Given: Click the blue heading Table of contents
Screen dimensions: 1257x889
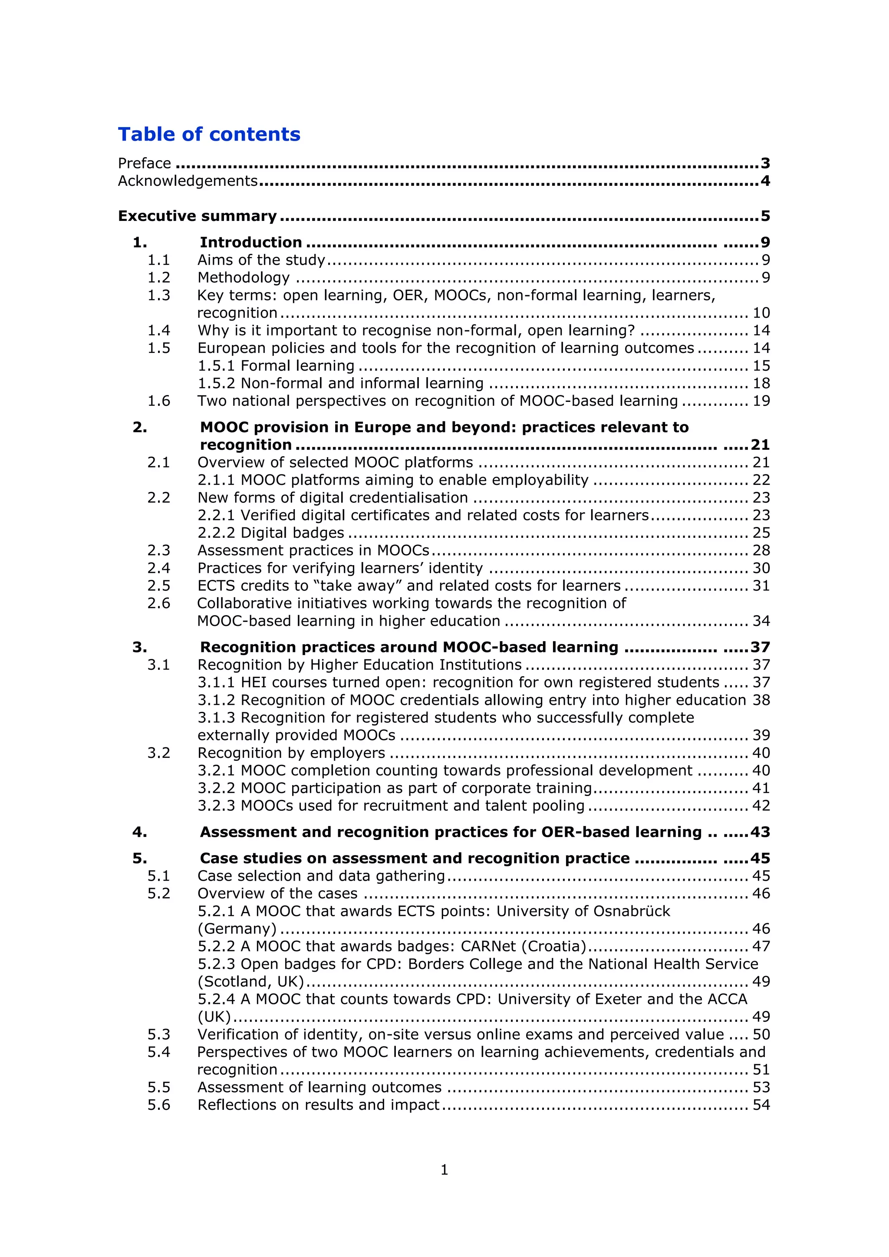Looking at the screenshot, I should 209,135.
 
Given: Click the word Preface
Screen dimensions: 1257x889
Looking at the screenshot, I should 145,163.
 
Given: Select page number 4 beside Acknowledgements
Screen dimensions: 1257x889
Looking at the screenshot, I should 765,181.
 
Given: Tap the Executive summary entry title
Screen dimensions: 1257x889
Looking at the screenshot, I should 198,216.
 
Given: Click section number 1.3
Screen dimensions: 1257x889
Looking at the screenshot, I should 159,296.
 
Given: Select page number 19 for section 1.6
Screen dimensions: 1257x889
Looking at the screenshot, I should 761,401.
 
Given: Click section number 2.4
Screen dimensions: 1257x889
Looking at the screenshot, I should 159,568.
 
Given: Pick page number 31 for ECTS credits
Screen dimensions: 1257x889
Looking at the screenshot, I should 761,586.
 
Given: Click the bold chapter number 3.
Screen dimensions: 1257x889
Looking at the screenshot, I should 140,648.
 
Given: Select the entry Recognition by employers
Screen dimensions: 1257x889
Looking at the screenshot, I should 291,754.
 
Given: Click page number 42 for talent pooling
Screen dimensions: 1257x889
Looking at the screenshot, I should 761,806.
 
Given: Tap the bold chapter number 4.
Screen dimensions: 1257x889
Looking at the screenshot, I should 140,832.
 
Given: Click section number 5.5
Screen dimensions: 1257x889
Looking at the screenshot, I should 159,1087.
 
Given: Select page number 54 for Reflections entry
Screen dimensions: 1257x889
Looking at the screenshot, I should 761,1105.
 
